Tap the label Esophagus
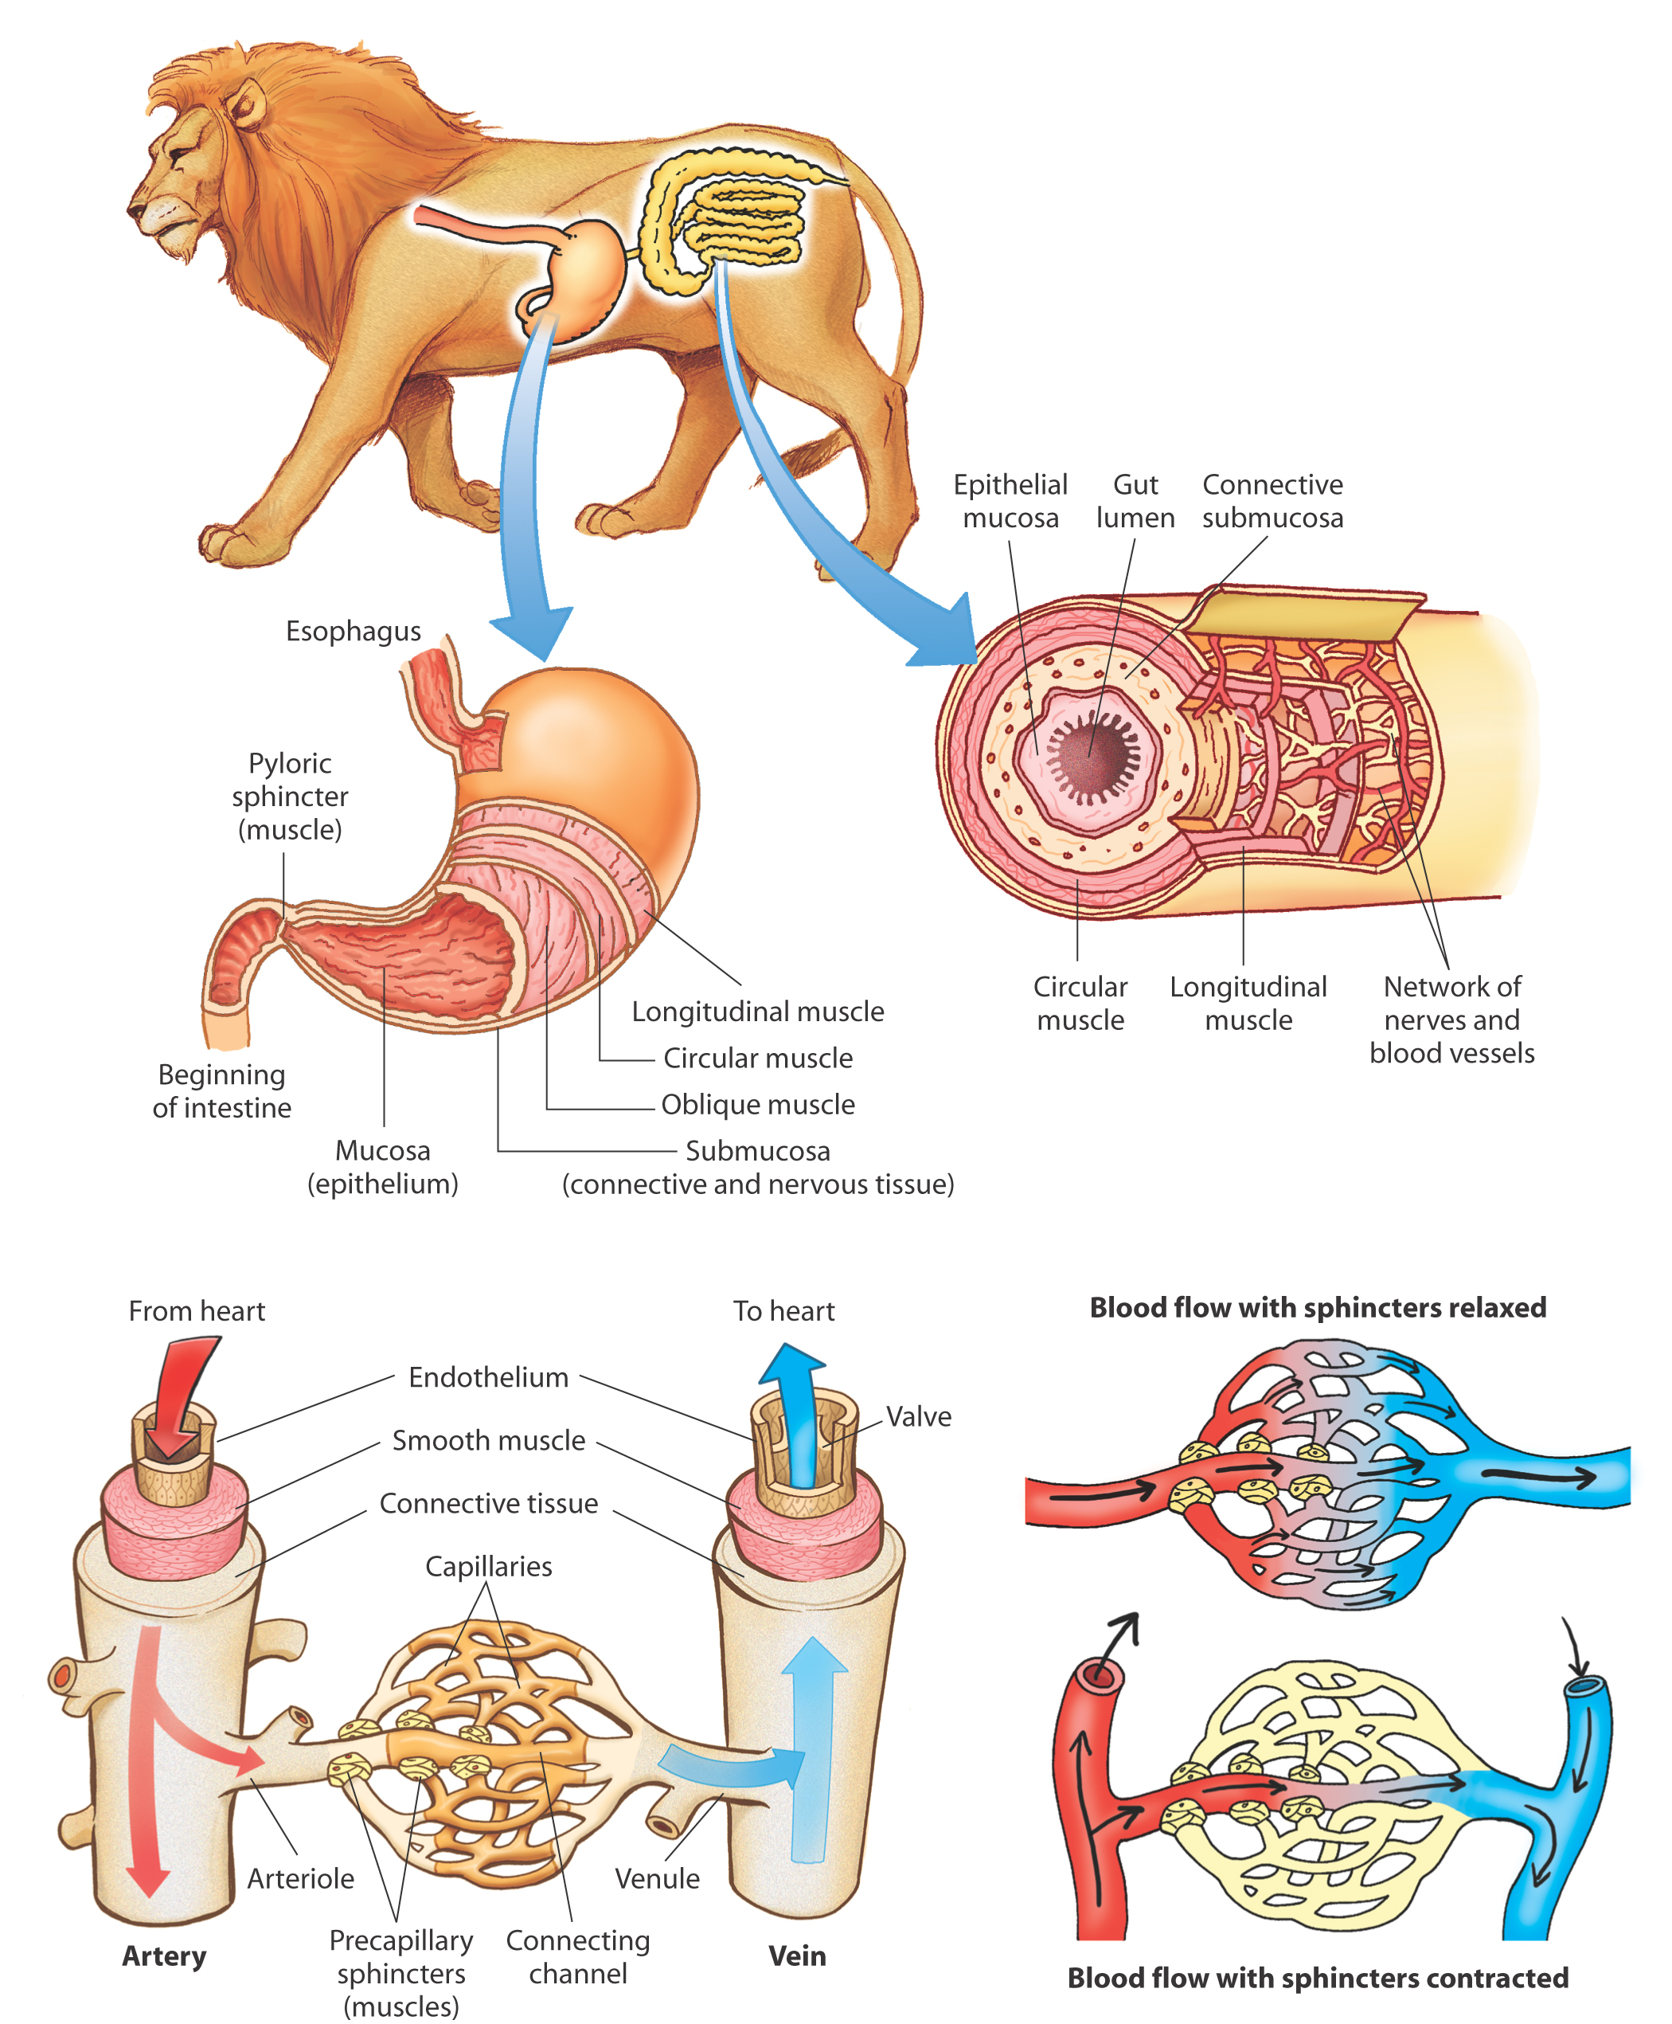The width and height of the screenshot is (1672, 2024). pos(354,631)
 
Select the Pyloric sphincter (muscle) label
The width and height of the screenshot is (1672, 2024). pos(290,796)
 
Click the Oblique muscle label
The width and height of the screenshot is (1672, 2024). pos(758,1104)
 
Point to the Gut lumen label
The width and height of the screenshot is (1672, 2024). pos(1135,501)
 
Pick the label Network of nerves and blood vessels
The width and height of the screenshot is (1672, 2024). pos(1451,1020)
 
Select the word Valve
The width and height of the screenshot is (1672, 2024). pos(919,1416)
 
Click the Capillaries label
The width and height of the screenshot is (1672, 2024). pos(490,1567)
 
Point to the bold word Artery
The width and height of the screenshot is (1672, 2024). pos(165,1955)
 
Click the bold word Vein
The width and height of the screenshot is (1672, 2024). pos(798,1955)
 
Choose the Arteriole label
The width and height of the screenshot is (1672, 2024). pos(300,1878)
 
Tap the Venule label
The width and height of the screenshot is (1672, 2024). pos(658,1878)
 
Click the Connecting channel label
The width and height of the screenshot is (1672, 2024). pos(578,1956)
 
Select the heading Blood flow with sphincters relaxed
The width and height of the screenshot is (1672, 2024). pos(1318,1307)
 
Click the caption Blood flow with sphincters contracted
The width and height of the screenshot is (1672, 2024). pos(1318,1978)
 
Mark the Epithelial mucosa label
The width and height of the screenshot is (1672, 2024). pos(1010,501)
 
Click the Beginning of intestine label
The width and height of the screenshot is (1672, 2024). pos(221,1090)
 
